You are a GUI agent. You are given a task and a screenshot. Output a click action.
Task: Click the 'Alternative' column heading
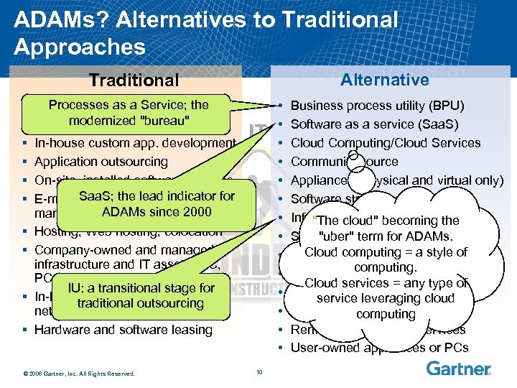384,80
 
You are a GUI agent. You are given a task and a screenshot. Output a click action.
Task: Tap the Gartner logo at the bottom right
458,369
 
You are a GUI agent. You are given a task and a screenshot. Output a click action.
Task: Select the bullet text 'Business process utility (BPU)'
377,106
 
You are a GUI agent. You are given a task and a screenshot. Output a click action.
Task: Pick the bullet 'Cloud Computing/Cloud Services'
386,143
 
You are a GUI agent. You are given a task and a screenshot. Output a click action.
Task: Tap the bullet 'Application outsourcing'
101,162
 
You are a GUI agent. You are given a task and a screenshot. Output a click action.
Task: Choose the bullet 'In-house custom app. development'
135,143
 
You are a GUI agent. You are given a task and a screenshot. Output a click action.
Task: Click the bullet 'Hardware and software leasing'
124,330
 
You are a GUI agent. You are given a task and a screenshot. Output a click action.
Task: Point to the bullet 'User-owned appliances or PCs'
379,348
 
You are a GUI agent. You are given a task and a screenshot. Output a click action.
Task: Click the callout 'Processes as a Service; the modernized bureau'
129,112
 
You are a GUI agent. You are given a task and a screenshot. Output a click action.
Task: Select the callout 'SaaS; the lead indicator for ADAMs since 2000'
157,203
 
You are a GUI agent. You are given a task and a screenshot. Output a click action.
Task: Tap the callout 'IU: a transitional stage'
141,295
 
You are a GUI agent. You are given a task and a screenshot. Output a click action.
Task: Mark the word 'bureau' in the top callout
164,120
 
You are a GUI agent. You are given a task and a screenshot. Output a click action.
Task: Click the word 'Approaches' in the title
79,47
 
